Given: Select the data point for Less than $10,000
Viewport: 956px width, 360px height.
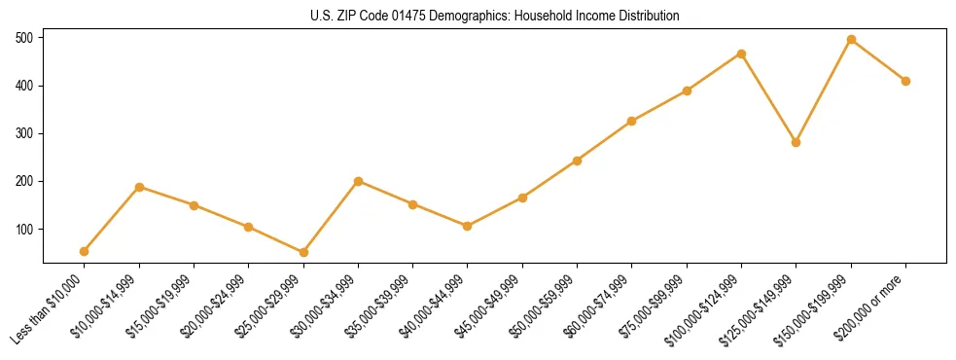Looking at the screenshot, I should pyautogui.click(x=85, y=251).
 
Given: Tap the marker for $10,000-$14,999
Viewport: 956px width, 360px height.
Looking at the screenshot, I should pyautogui.click(x=139, y=187).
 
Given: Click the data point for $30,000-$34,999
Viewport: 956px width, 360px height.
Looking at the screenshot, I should pyautogui.click(x=358, y=181).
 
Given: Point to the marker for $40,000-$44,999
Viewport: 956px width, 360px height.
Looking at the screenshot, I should pyautogui.click(x=468, y=226).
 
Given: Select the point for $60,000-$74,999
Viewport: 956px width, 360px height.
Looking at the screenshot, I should pyautogui.click(x=632, y=121).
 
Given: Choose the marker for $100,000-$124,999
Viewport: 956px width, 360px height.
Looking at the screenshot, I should pyautogui.click(x=741, y=54).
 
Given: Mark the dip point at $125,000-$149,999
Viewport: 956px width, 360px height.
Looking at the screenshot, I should pyautogui.click(x=797, y=142).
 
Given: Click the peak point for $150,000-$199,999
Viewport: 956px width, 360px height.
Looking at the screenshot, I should pyautogui.click(x=851, y=40).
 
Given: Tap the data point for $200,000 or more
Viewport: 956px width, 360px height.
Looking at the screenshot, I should pyautogui.click(x=905, y=81).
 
